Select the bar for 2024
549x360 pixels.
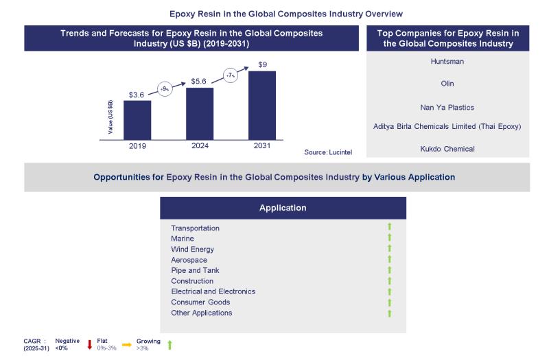pos(200,114)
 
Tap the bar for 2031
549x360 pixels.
pos(262,106)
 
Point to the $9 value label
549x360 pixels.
pos(262,64)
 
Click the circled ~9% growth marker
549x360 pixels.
pos(165,88)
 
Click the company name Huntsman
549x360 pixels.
pos(447,61)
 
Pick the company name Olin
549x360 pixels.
pos(447,84)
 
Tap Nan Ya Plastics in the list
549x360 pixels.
pos(447,107)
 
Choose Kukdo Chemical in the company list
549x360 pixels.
pos(447,148)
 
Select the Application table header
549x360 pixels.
pos(283,208)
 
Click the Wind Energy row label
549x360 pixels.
pos(192,249)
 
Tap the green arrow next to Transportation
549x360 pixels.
pos(389,227)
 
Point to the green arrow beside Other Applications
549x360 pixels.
pos(389,313)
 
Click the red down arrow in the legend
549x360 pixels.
pos(90,344)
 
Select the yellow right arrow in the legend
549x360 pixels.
pos(126,344)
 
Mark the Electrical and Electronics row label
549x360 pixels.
pos(213,291)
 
